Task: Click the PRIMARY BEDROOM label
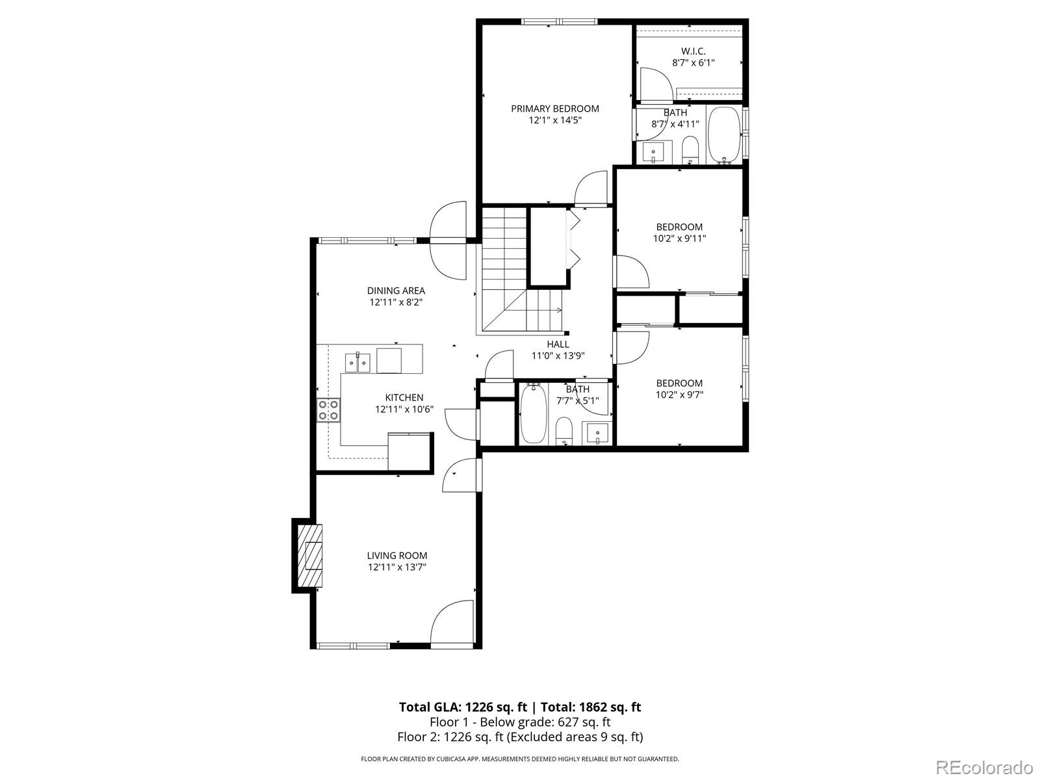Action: click(x=554, y=109)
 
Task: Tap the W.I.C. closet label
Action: click(x=693, y=51)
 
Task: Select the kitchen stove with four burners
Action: click(x=328, y=410)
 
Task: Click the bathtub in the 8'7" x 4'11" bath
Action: click(x=723, y=135)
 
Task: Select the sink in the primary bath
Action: click(x=653, y=153)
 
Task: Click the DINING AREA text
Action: click(x=396, y=291)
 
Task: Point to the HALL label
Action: click(x=558, y=344)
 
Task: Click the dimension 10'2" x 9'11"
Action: click(x=679, y=239)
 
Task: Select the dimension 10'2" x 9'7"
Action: click(x=679, y=395)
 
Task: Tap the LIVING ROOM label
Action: click(x=397, y=555)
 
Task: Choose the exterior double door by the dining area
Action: click(x=448, y=241)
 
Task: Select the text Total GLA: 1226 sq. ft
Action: click(x=462, y=707)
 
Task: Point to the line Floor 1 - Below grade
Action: click(x=520, y=722)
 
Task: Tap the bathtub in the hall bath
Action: click(x=534, y=413)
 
